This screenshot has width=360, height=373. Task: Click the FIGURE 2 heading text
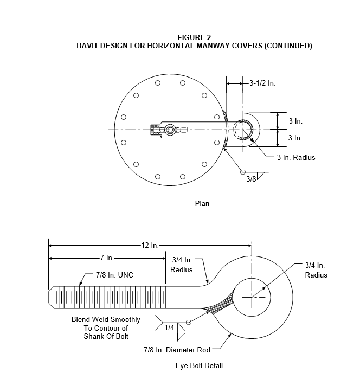click(x=194, y=37)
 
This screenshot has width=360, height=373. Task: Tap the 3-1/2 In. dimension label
click(x=262, y=83)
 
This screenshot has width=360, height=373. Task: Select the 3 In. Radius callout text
click(x=296, y=157)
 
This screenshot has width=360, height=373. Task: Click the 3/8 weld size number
click(x=251, y=179)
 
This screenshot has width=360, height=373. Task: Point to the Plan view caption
click(x=202, y=204)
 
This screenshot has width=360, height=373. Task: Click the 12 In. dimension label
click(x=150, y=245)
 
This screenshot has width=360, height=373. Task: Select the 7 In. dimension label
click(x=107, y=258)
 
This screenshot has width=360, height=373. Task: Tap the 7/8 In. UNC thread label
click(x=115, y=275)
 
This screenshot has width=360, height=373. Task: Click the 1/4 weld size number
click(x=169, y=327)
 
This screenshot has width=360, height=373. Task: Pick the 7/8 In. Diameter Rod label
click(x=177, y=350)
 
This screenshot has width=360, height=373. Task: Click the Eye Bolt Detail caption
click(x=199, y=365)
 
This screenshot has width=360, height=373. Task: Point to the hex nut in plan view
click(x=169, y=130)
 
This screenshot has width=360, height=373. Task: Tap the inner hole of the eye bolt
click(x=252, y=297)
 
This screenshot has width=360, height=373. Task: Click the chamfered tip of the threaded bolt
click(x=51, y=297)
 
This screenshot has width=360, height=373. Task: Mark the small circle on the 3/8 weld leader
click(x=243, y=172)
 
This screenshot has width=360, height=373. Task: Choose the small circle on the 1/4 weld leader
click(x=189, y=322)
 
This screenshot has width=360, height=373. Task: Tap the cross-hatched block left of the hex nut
click(x=156, y=130)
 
